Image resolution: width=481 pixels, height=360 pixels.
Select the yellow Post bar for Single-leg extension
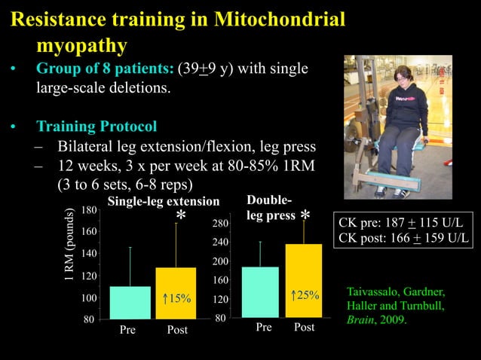click(176, 293)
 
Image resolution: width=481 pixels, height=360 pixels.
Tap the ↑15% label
click(176, 299)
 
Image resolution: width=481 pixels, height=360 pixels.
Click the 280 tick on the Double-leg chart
click(220, 224)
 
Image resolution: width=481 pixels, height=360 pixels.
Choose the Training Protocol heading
click(97, 125)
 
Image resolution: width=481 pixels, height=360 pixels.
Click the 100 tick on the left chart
click(88, 299)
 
